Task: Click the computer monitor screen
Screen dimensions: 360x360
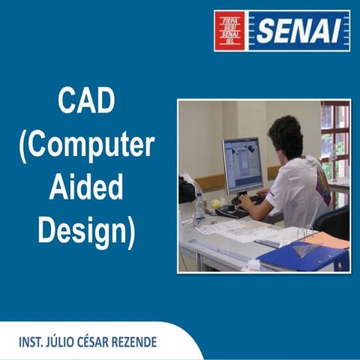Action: coord(242,166)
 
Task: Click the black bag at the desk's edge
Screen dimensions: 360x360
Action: coord(187,190)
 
